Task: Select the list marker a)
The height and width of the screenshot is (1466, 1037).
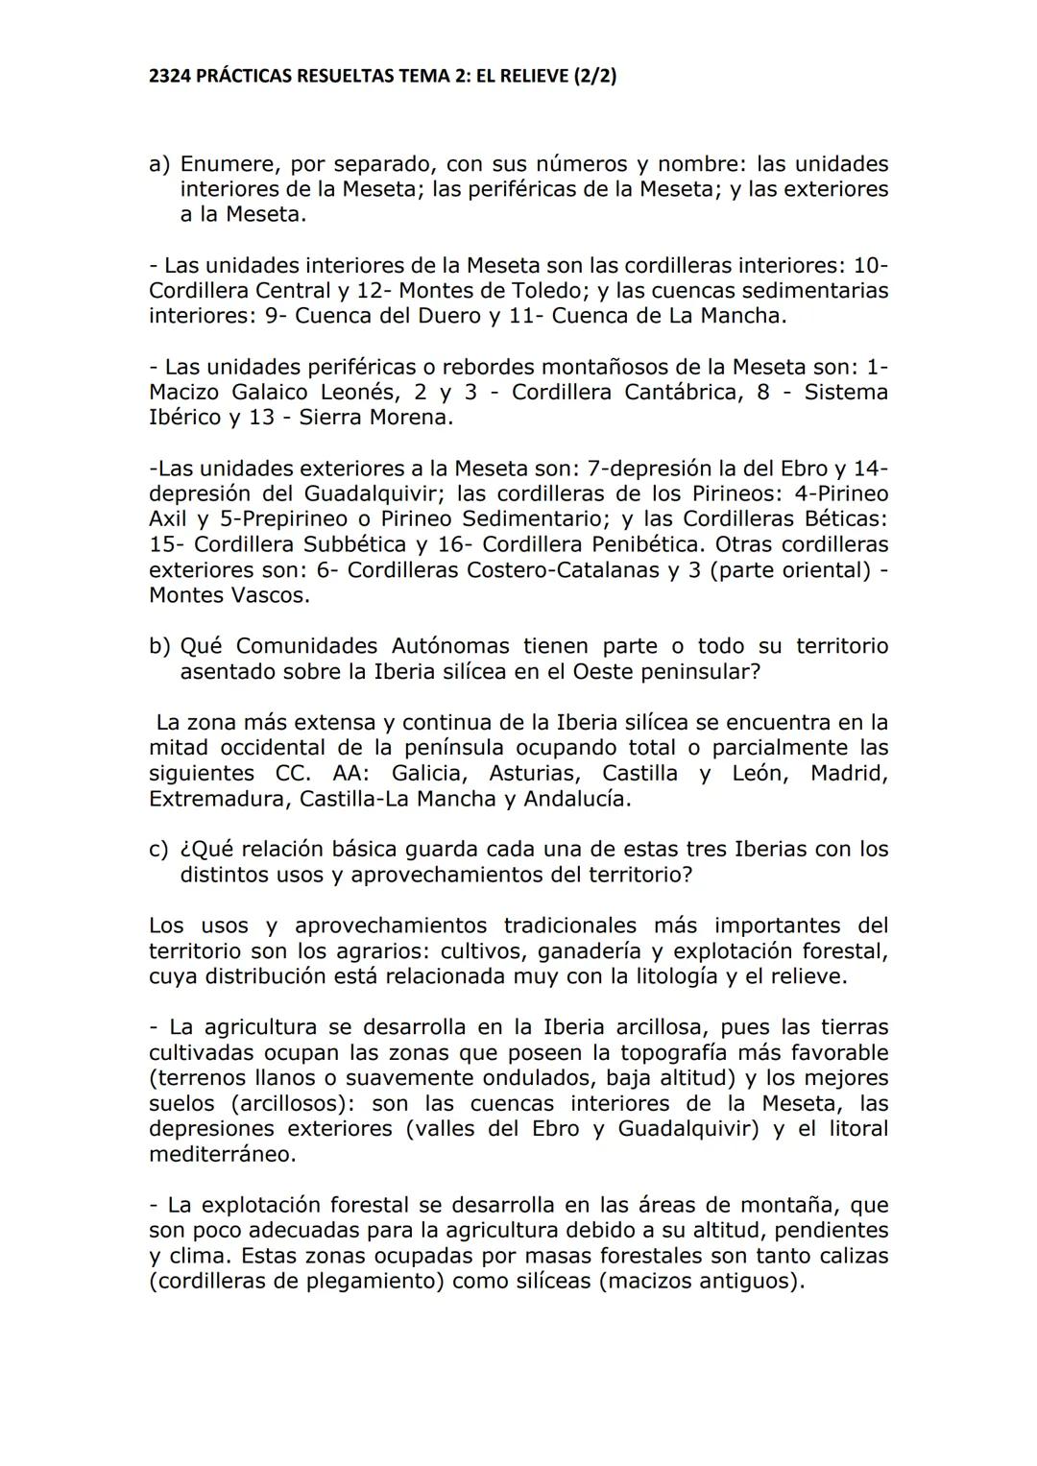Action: tap(159, 165)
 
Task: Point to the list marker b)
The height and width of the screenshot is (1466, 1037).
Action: tap(159, 646)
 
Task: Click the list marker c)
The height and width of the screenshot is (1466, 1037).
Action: tap(159, 850)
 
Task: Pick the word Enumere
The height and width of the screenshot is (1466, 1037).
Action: tap(224, 165)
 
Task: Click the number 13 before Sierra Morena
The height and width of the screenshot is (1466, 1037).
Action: tap(265, 418)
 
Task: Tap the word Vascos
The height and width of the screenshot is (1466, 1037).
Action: tap(270, 595)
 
